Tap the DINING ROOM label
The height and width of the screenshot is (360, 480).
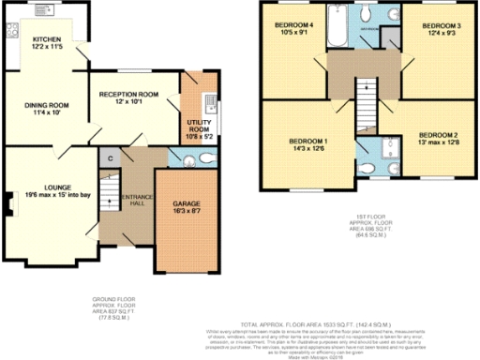click(41, 107)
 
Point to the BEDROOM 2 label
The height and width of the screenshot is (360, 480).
click(438, 139)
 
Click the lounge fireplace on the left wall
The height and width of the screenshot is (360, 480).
click(8, 202)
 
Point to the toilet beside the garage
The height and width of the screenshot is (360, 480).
click(183, 160)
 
